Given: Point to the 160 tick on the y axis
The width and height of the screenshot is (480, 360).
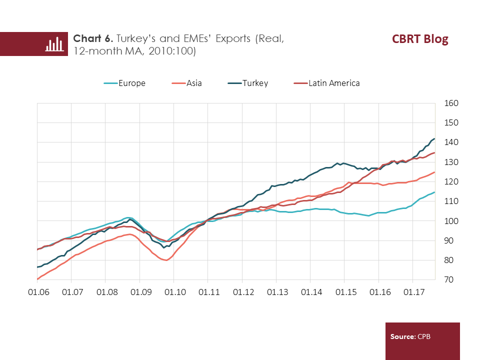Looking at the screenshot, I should (x=451, y=103).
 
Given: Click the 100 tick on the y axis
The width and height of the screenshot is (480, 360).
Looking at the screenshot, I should (x=451, y=221).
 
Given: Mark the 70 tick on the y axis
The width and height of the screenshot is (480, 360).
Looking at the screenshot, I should (x=451, y=280).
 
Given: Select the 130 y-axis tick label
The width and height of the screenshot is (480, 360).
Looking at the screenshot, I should (x=451, y=162).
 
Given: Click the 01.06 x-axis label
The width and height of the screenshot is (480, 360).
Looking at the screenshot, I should (x=37, y=291).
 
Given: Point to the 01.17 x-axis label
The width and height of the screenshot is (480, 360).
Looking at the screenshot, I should (x=412, y=291).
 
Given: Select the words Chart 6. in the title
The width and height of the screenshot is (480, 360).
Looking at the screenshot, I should (x=92, y=38).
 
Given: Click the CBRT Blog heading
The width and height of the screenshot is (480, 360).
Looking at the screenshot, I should (x=420, y=39).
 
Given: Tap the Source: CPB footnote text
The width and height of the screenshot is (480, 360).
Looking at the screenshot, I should (x=410, y=336).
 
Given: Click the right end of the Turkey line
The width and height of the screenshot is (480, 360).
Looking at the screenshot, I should (x=434, y=138).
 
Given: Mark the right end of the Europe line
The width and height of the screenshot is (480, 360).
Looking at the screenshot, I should (x=434, y=192).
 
